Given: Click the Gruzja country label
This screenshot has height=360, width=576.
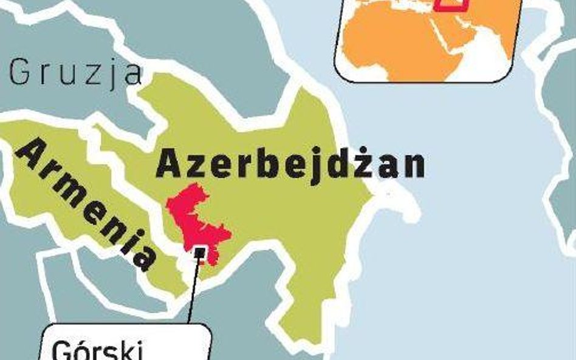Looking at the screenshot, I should (75, 72).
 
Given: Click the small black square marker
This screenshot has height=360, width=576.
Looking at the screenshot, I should (199, 250).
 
